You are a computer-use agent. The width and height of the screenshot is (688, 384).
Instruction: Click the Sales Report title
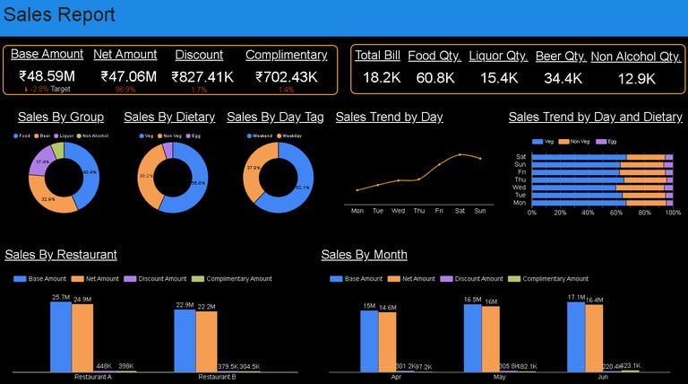point(59,15)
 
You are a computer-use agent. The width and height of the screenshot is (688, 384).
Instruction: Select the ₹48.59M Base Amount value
point(47,76)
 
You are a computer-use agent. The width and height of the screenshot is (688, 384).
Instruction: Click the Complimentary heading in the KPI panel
point(286,55)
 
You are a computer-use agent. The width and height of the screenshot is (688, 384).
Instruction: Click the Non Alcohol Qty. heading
point(636,57)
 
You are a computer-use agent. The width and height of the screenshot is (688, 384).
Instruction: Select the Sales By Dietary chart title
point(169,117)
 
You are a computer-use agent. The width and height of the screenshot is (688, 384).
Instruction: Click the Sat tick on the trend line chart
point(460,211)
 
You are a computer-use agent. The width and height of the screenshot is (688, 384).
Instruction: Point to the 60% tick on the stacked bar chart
point(616,213)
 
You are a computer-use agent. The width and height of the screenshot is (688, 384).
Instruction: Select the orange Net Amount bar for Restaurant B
point(207,341)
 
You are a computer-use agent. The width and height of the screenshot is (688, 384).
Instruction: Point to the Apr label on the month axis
point(397,377)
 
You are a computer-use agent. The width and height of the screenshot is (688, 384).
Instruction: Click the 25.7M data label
point(61,297)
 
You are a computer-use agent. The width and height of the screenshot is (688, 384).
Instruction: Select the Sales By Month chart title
point(364,255)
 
